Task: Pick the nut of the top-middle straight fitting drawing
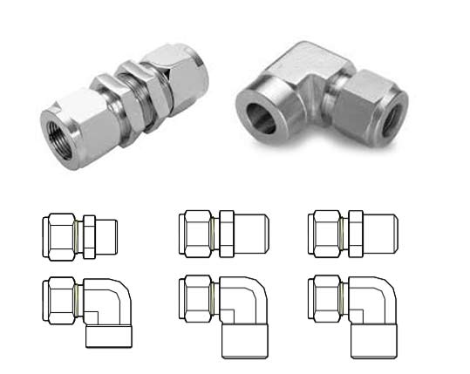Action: (x=195, y=234)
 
